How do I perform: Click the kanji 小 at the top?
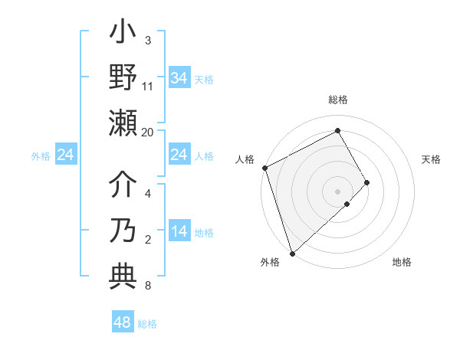123,35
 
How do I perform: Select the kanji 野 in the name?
123,78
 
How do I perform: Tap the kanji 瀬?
123,122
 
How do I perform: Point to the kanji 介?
123,186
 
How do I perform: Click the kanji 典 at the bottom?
123,273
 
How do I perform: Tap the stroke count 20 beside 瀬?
148,132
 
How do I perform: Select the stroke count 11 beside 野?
148,87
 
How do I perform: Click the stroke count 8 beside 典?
148,286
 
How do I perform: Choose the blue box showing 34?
179,77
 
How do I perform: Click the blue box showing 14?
179,232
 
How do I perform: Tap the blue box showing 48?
123,322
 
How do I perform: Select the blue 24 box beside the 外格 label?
66,155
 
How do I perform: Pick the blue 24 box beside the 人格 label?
179,155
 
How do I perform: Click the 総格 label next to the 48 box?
147,324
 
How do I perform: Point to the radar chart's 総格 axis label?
337,100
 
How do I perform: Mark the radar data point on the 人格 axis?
264,168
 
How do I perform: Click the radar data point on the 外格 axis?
292,253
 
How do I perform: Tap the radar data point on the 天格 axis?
367,182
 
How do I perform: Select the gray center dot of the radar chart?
337,191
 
